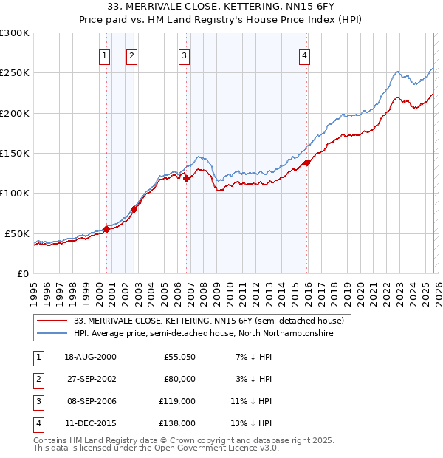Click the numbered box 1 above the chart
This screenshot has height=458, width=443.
(104, 55)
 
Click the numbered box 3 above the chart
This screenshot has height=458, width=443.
(184, 55)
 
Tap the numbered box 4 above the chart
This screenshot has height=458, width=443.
(304, 55)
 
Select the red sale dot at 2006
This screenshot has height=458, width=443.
(187, 178)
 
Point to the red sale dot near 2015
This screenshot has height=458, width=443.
(307, 163)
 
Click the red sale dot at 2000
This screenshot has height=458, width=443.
(107, 229)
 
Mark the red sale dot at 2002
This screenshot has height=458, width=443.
(134, 209)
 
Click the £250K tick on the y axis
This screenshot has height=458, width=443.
(15, 73)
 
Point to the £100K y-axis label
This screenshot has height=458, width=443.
(15, 193)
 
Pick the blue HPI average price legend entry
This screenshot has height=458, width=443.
(203, 334)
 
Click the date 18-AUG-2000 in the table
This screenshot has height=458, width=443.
(90, 357)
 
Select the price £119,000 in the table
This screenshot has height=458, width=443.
(178, 403)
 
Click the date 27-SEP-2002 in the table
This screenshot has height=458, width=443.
(90, 379)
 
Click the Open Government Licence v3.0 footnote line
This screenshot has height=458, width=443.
(157, 448)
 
